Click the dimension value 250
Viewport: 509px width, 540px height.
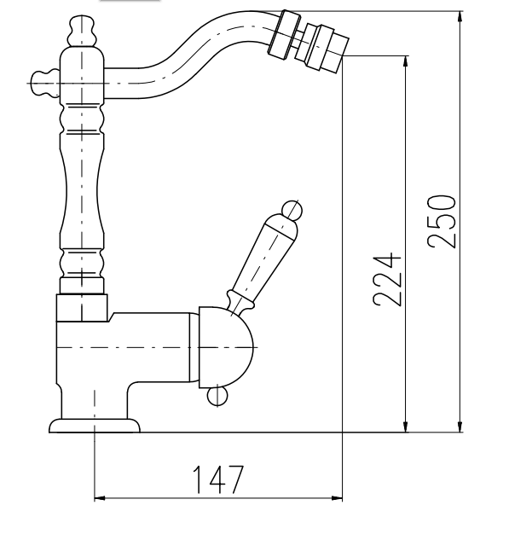click(x=442, y=221)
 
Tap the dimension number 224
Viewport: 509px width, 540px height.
click(x=387, y=280)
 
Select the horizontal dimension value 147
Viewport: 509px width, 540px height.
click(x=218, y=479)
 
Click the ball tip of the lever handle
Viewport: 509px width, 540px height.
click(x=292, y=209)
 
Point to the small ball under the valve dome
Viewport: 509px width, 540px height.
click(x=217, y=396)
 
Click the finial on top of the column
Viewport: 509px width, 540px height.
click(x=82, y=31)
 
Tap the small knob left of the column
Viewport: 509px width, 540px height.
click(x=45, y=84)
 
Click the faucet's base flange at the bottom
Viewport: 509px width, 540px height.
click(x=95, y=426)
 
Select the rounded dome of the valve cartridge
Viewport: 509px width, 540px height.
click(x=226, y=347)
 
